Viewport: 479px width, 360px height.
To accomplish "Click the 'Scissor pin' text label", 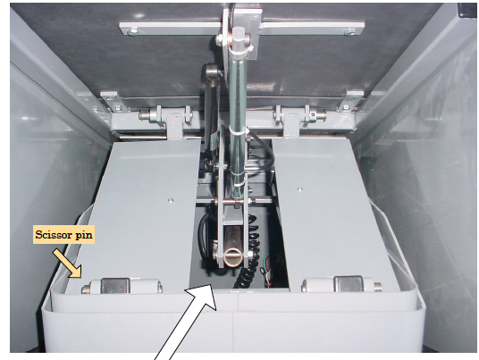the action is (63, 235).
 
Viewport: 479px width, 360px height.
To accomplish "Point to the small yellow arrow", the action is (67, 264).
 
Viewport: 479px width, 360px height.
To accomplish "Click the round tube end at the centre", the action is (232, 257).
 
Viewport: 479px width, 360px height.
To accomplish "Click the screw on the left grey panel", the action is (171, 201).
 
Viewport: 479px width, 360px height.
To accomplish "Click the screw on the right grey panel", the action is (300, 189).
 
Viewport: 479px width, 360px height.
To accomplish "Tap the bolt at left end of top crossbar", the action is (133, 31).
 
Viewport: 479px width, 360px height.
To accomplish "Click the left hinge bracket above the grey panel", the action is (175, 125).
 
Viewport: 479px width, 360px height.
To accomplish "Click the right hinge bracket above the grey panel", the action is (290, 124).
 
